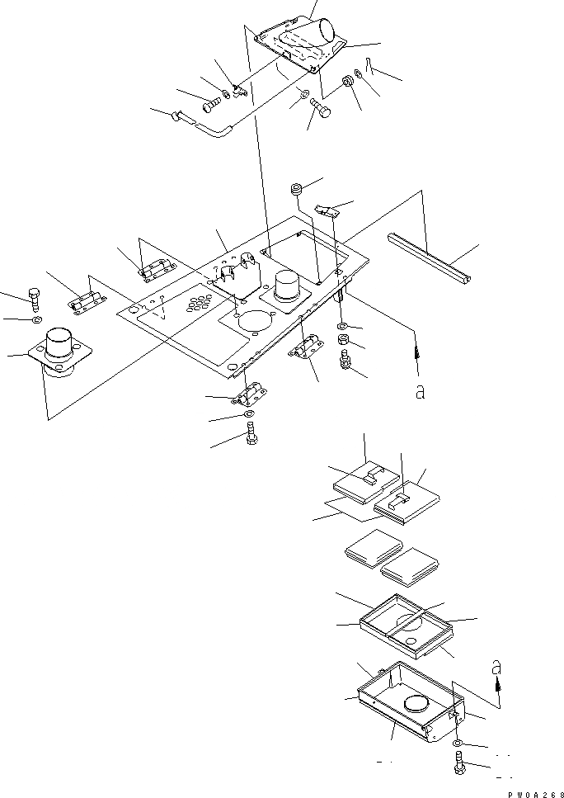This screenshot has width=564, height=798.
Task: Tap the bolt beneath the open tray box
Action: click(x=459, y=763)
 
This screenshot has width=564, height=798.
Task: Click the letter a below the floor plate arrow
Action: click(x=421, y=394)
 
